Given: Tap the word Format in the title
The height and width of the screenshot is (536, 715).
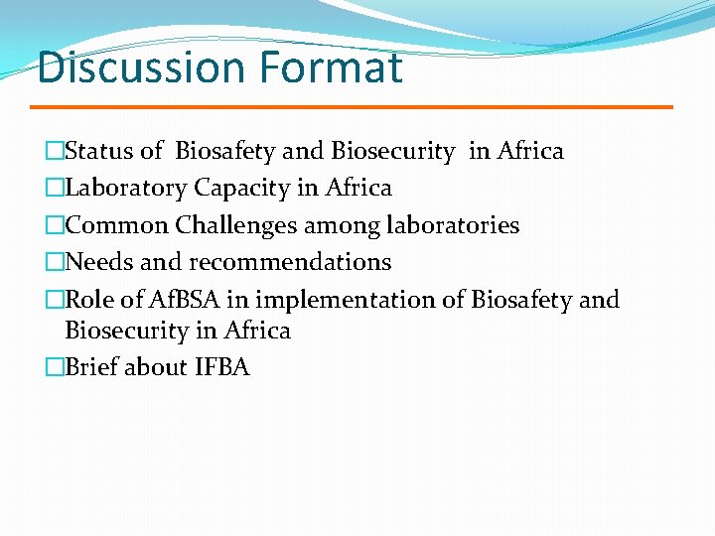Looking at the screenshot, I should click(330, 67).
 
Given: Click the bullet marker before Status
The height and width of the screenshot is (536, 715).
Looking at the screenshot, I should click(55, 151).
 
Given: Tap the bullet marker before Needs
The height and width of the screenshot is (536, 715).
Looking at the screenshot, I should click(55, 262).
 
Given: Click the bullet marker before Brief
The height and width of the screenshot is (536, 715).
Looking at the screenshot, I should click(55, 367).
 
